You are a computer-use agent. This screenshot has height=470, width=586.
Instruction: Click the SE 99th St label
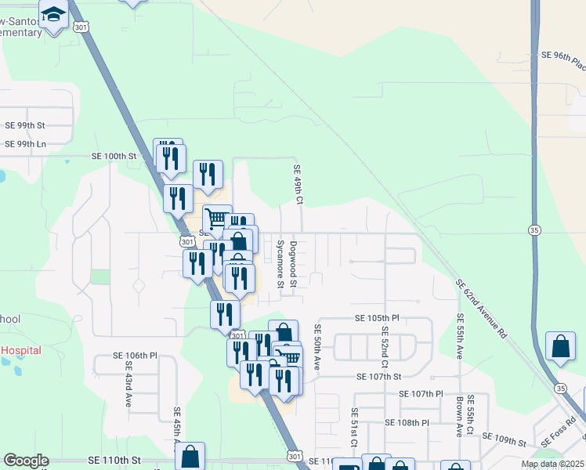click(x=26, y=125)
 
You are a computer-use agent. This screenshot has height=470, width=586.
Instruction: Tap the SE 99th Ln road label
click(x=26, y=144)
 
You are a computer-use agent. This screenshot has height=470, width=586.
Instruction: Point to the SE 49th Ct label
click(x=298, y=185)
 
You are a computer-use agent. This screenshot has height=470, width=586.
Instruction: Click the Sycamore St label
click(x=280, y=263)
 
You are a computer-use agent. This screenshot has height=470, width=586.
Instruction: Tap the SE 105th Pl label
click(x=377, y=318)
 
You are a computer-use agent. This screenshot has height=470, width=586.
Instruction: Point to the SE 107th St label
click(x=378, y=377)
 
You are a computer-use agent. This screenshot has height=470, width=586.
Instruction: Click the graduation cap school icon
click(x=55, y=15)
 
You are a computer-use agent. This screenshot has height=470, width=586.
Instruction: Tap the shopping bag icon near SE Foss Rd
click(x=561, y=346)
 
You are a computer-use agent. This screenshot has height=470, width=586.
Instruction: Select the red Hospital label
click(x=21, y=350)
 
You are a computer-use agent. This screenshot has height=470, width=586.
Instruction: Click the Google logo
click(x=26, y=461)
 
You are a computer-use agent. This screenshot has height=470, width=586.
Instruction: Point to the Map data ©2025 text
click(x=552, y=464)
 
